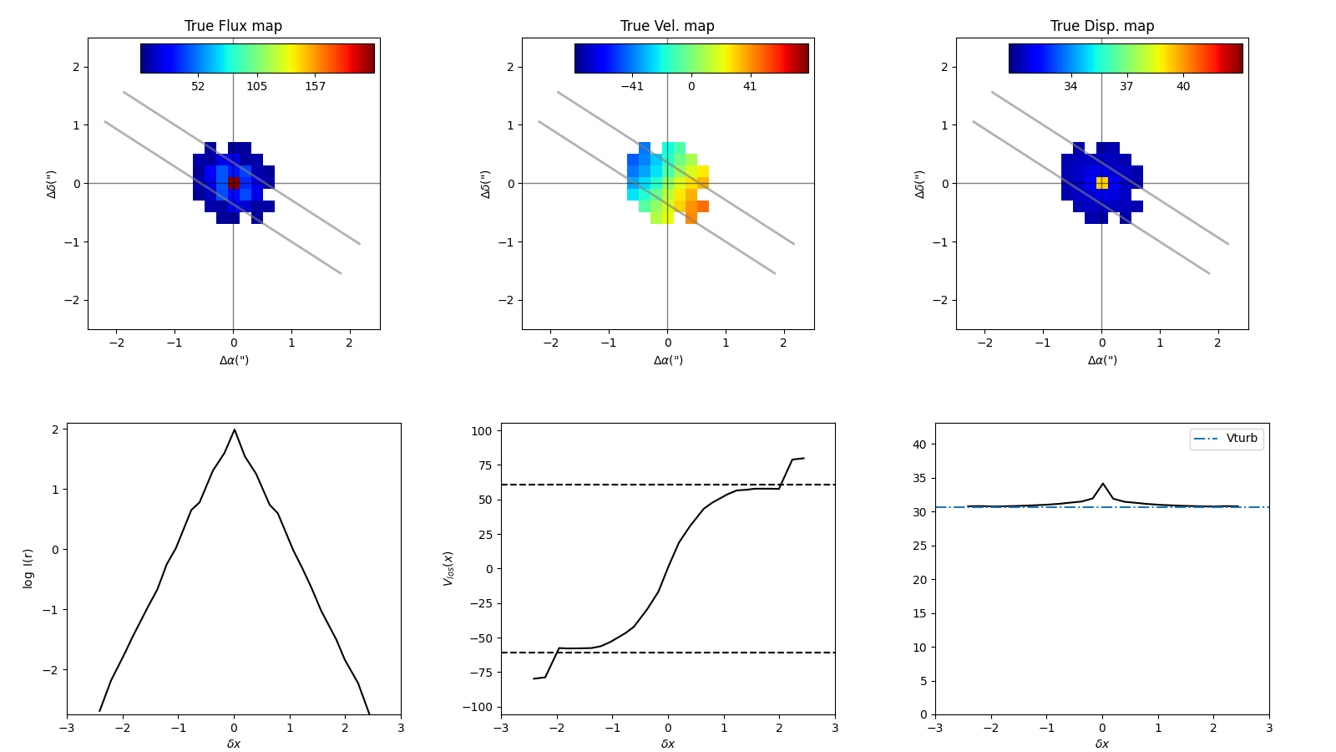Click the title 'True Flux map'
point(233,26)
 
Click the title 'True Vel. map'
point(667,26)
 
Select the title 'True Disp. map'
point(1101,26)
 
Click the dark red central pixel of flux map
point(234,182)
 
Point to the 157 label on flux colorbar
point(315,86)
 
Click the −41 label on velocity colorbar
point(631,86)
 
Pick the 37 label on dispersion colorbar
point(1126,86)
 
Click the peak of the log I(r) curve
point(234,430)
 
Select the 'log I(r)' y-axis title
point(28,568)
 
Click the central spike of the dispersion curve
point(1102,484)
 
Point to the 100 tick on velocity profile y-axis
point(483,431)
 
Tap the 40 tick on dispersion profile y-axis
point(919,445)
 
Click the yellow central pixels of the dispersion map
point(1102,182)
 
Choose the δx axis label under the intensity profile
point(234,744)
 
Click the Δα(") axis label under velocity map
point(667,360)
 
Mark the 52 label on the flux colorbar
point(198,86)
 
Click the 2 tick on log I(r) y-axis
point(54,429)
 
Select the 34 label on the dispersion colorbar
point(1070,86)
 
